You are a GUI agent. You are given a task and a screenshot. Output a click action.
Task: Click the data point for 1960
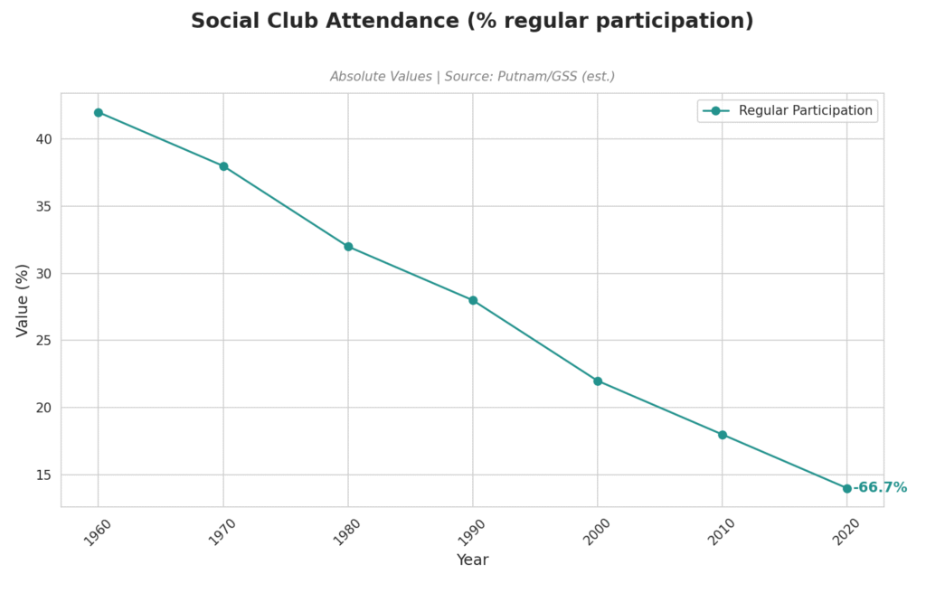(x=99, y=113)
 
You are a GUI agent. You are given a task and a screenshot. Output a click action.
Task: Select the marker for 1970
(x=223, y=166)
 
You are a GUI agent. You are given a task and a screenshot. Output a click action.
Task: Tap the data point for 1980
(x=348, y=247)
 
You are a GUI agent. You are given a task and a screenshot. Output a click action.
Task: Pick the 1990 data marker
(x=473, y=300)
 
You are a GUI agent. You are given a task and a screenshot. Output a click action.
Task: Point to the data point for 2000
(x=598, y=381)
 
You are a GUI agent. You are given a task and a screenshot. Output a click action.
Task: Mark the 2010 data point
(x=723, y=435)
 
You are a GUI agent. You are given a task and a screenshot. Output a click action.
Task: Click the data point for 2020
(x=847, y=488)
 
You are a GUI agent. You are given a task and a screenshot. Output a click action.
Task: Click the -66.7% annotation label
(x=881, y=488)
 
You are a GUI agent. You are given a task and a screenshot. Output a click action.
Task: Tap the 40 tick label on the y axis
(x=44, y=139)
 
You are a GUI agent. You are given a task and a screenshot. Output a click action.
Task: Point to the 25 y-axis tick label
(x=44, y=341)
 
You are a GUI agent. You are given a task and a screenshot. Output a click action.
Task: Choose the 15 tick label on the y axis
(x=44, y=475)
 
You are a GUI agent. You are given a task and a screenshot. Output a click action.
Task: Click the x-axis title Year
(x=472, y=560)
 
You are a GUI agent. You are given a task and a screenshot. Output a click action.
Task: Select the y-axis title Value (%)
(x=24, y=300)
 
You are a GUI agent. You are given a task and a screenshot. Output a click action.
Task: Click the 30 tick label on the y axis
(x=44, y=274)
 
